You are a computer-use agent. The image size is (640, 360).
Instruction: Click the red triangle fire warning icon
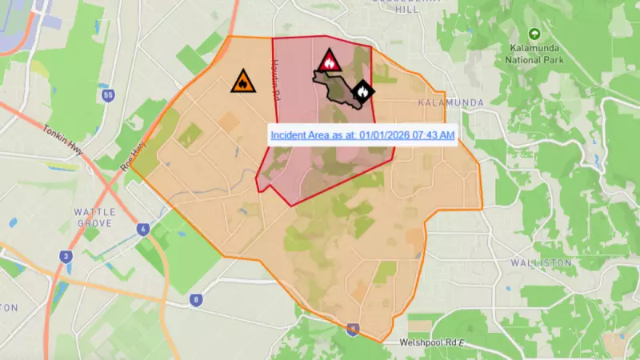click(x=328, y=61)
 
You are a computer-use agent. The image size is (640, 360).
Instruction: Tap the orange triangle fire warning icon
click(x=242, y=82)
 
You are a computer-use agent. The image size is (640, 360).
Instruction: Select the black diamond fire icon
click(x=363, y=92)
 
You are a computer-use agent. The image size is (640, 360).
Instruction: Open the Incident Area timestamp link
click(x=362, y=134)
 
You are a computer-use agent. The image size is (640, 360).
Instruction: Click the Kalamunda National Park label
click(x=534, y=54)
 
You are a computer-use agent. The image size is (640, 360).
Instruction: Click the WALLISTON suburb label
click(x=542, y=262)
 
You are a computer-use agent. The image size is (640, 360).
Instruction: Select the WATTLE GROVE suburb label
click(x=95, y=217)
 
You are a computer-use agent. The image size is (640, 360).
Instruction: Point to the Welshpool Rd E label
click(x=431, y=342)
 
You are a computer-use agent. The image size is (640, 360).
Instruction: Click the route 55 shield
click(x=109, y=96)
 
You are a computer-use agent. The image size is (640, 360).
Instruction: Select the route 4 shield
click(x=143, y=229)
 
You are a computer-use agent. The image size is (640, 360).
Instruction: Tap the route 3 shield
click(x=66, y=257)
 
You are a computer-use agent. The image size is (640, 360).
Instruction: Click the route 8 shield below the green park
click(x=196, y=300)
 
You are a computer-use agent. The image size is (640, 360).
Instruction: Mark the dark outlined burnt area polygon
click(x=340, y=88)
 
